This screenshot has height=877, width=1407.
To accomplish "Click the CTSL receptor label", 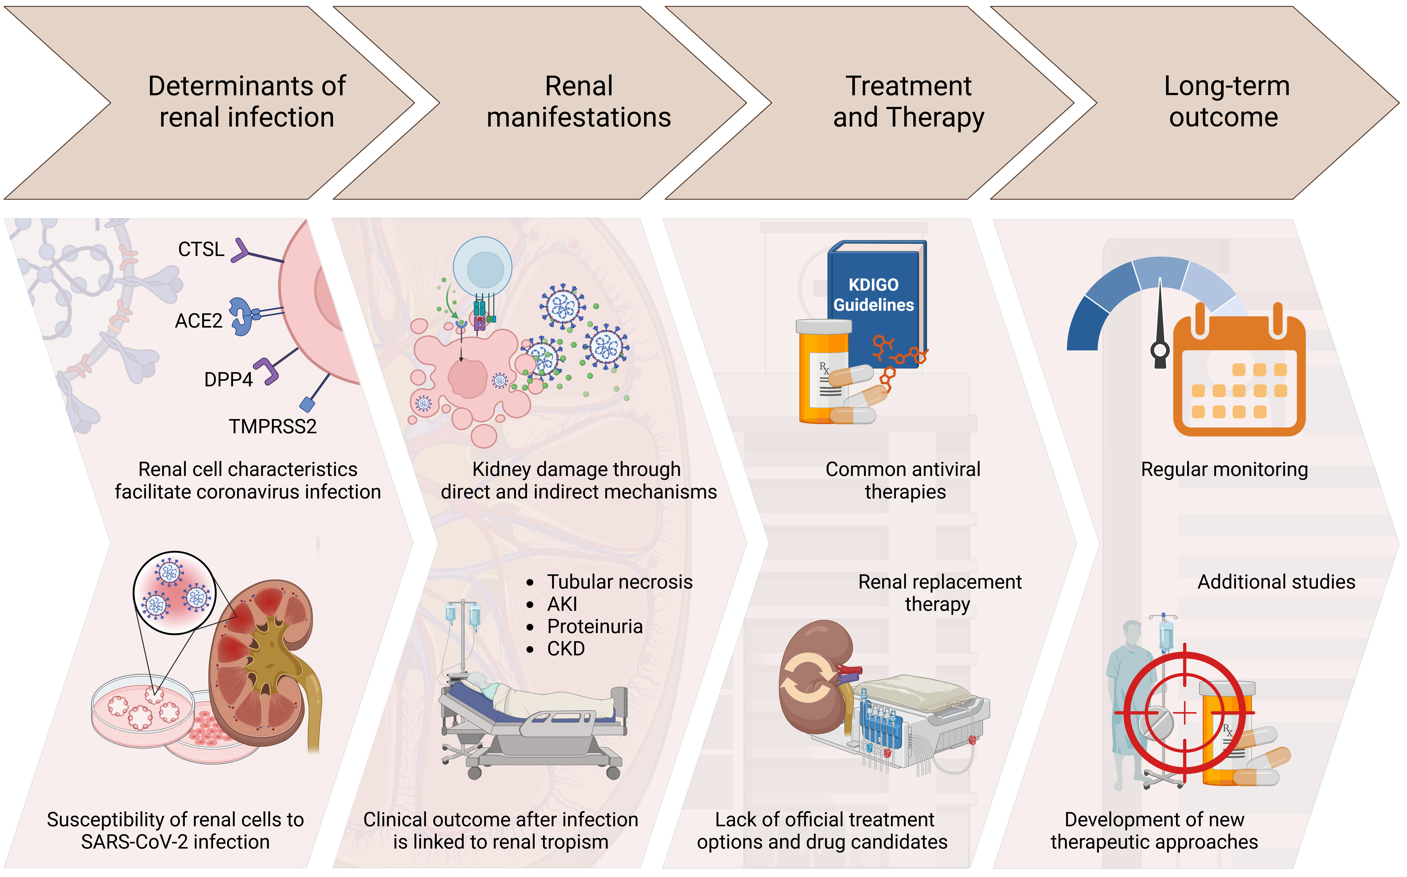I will click(201, 249).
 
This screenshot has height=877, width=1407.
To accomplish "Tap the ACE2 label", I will click(199, 321).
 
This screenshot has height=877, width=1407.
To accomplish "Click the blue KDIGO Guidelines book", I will click(877, 296).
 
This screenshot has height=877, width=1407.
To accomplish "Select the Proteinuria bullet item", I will click(594, 626).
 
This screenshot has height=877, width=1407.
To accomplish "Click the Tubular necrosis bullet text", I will click(619, 582).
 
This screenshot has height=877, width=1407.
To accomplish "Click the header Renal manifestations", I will click(579, 101).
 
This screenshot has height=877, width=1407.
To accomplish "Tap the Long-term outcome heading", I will click(1226, 101).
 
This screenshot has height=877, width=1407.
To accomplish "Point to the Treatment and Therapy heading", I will click(908, 101).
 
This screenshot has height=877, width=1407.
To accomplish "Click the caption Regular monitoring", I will click(1224, 469).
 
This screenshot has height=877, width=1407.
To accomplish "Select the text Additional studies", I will click(1276, 582).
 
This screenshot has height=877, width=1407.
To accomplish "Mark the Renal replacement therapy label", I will click(939, 593).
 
